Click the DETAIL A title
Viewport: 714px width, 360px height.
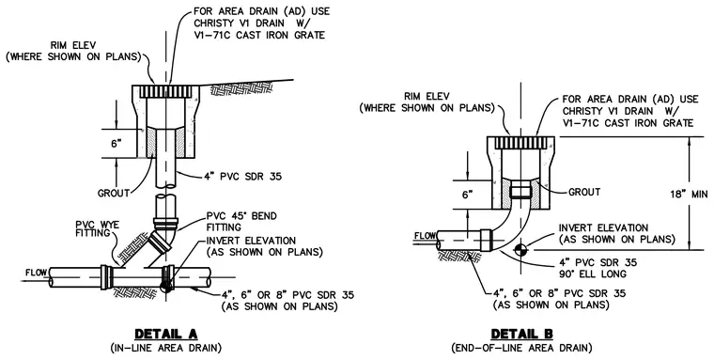(x=166, y=334)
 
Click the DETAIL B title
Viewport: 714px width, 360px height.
(x=521, y=334)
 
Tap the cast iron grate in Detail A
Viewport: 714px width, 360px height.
(x=165, y=91)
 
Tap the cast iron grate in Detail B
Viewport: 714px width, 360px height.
(x=520, y=143)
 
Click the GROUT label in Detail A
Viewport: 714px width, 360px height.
(x=114, y=194)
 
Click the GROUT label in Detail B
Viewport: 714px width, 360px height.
(x=584, y=193)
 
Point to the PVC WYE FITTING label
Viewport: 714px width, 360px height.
(x=98, y=228)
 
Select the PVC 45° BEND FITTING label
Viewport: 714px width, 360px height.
(x=241, y=221)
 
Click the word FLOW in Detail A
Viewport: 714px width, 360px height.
(x=37, y=273)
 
